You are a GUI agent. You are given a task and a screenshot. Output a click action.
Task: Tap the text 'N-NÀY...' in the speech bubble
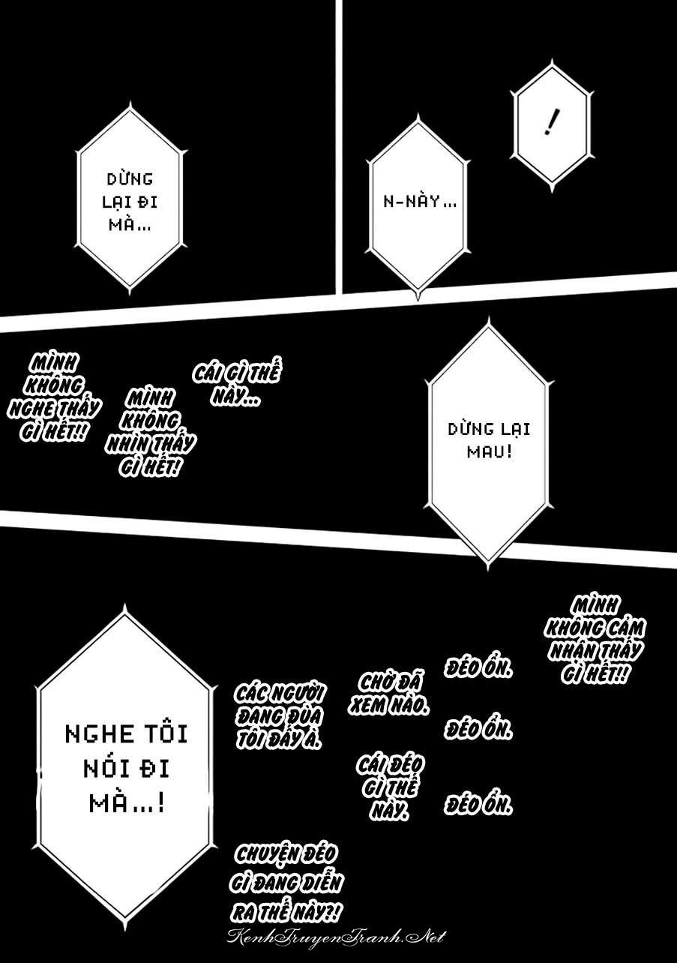pyautogui.click(x=420, y=201)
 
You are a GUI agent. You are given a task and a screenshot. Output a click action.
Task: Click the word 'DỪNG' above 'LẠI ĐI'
pyautogui.click(x=130, y=178)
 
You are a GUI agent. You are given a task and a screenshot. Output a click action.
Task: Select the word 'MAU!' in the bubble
pyautogui.click(x=490, y=451)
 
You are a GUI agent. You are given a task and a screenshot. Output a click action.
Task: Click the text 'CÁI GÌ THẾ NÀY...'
pyautogui.click(x=236, y=385)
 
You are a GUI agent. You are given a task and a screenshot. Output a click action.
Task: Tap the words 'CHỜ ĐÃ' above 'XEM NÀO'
pyautogui.click(x=391, y=684)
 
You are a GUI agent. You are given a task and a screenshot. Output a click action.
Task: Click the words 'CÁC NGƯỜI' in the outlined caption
pyautogui.click(x=279, y=694)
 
